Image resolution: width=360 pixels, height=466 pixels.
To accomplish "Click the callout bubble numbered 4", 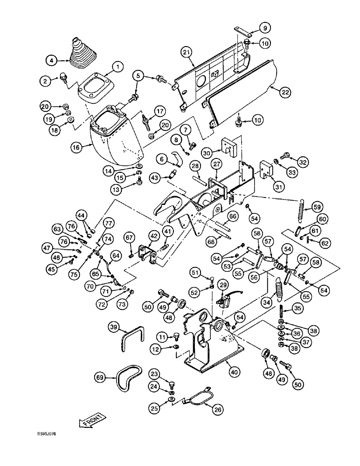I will (x=52, y=60).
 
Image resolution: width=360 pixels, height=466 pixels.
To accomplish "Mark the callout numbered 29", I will (x=223, y=285).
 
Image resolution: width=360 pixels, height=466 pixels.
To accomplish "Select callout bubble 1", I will (x=118, y=67).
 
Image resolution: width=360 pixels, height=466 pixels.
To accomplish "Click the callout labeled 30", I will (x=208, y=152).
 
